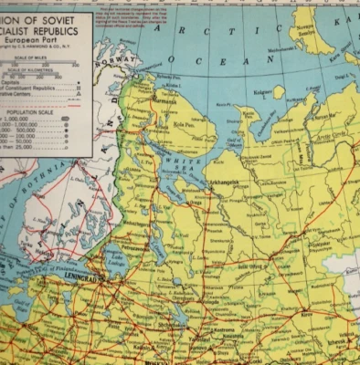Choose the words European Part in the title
[40, 41]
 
